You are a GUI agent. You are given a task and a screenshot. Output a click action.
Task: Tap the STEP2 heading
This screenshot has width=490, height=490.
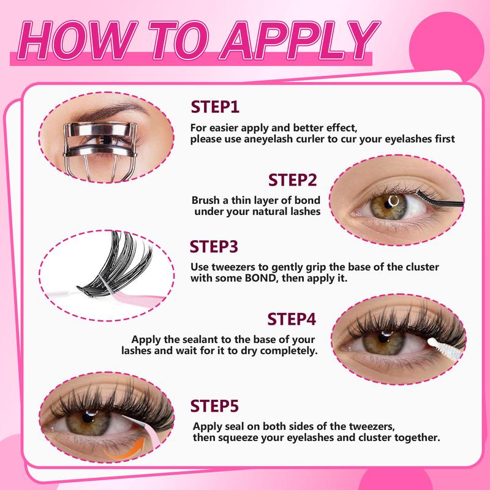[x=292, y=181]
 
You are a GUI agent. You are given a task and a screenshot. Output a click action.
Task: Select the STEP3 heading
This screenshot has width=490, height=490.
[x=214, y=248]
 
